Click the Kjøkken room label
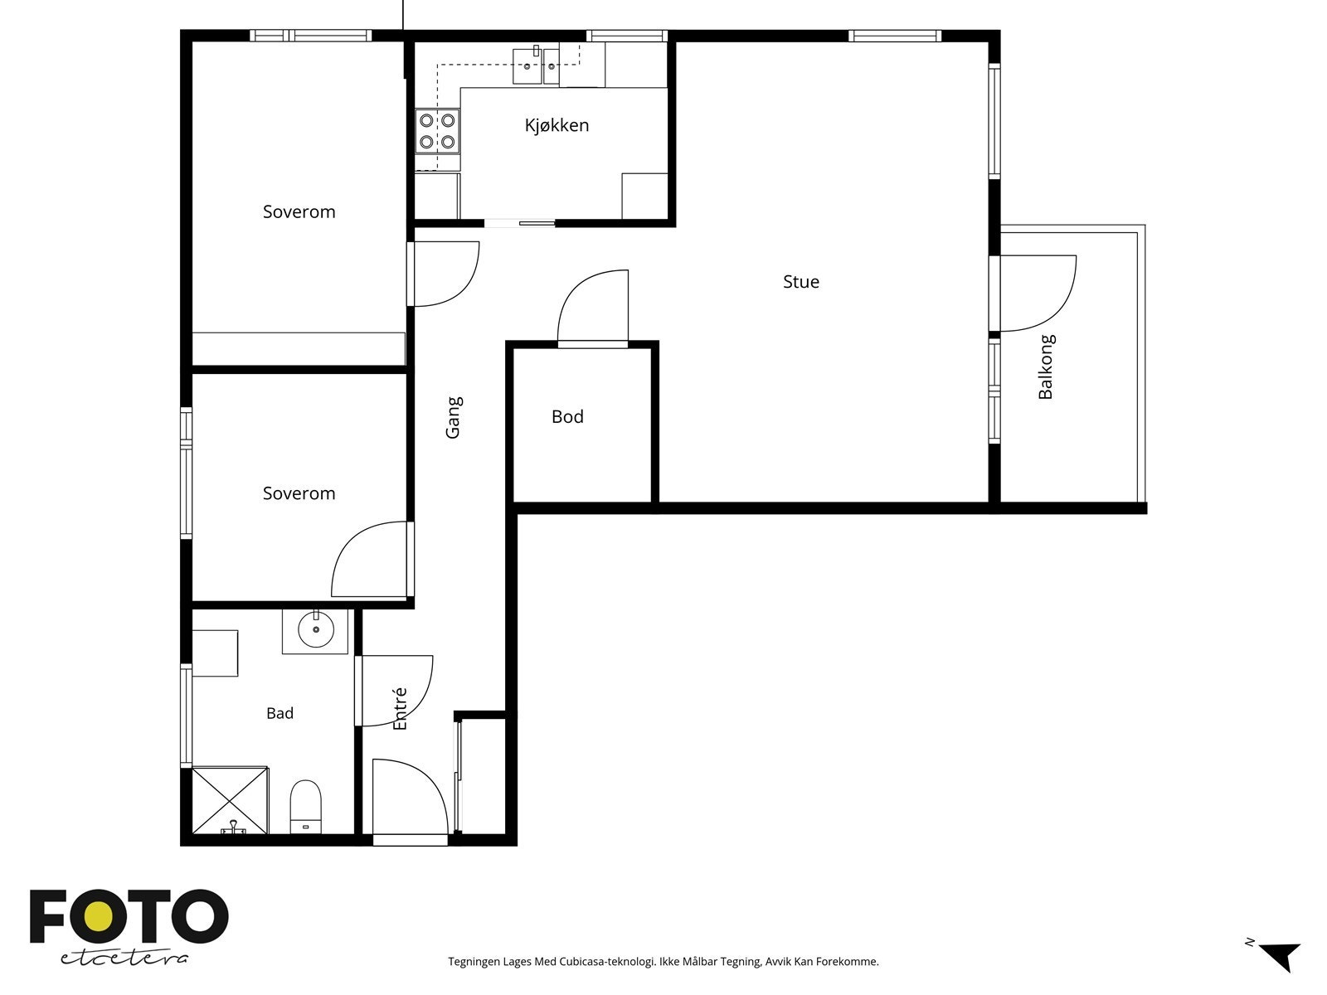pyautogui.click(x=557, y=126)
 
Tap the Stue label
pyautogui.click(x=801, y=282)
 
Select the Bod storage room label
pyautogui.click(x=567, y=416)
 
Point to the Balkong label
pyautogui.click(x=1046, y=366)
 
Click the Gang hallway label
pyautogui.click(x=454, y=417)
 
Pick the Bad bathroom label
pyautogui.click(x=279, y=713)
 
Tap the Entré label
pyautogui.click(x=400, y=708)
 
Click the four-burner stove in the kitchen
pyautogui.click(x=437, y=131)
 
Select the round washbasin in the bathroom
pyautogui.click(x=316, y=629)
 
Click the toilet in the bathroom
pyautogui.click(x=305, y=807)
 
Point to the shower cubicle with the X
pyautogui.click(x=230, y=800)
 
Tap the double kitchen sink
pyautogui.click(x=537, y=66)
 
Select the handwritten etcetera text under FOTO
pyautogui.click(x=124, y=959)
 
